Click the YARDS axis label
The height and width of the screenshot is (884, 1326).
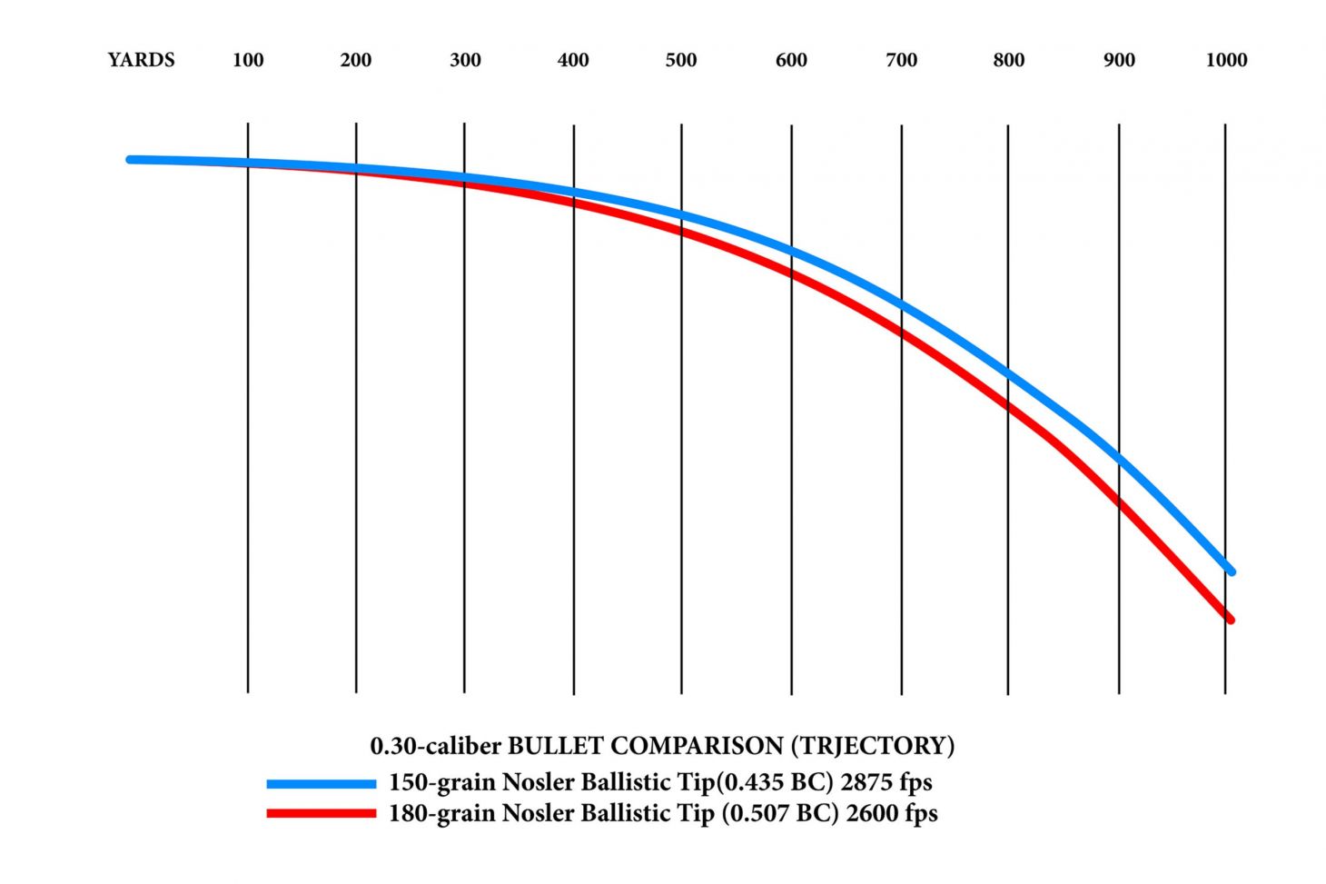point(141,60)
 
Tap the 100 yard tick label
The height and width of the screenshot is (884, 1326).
point(248,60)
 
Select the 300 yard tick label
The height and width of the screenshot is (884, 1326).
point(465,60)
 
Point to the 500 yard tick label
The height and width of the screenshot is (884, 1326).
point(681,60)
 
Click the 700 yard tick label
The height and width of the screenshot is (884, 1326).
point(901,60)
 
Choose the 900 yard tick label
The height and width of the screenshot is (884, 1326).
point(1119,60)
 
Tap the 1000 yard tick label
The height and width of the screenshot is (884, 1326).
point(1226,60)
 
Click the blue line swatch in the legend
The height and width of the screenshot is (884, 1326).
point(321,783)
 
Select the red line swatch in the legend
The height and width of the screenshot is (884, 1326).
point(321,813)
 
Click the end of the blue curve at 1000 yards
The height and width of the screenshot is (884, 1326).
point(1231,571)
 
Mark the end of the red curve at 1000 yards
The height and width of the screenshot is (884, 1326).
point(1230,620)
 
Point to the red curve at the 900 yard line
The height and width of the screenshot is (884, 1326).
point(1119,502)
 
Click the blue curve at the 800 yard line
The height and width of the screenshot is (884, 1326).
point(1008,373)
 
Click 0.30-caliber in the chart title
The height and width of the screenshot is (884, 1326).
point(435,746)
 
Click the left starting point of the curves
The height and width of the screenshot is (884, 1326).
point(131,159)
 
